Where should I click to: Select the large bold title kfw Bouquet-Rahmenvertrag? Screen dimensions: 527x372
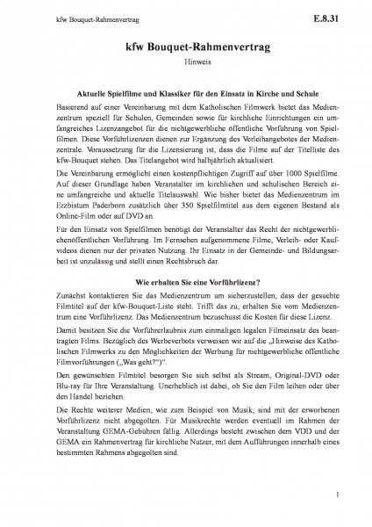(x=186, y=49)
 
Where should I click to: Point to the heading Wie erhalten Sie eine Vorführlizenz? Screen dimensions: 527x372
(x=186, y=307)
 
